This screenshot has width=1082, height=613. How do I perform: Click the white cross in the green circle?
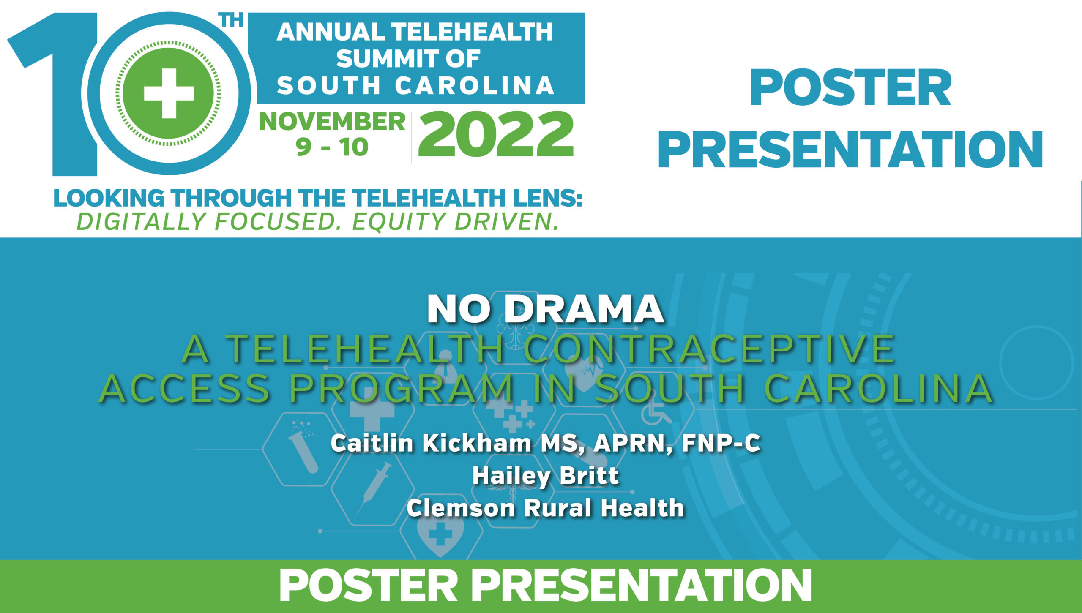[169, 93]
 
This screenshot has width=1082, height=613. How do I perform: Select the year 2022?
[496, 134]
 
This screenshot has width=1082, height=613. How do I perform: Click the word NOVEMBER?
[332, 122]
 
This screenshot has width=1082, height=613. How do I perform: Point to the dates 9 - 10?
[332, 147]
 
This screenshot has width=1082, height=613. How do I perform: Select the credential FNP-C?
[721, 443]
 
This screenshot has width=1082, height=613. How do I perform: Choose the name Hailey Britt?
[545, 476]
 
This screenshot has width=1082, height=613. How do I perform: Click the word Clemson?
[461, 508]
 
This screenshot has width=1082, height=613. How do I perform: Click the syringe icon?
[372, 490]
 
